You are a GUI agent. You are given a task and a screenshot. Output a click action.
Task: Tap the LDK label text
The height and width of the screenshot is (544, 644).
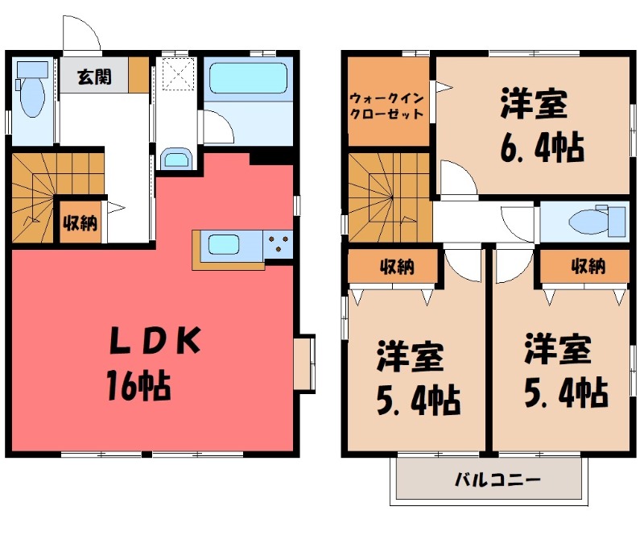coord(155,343)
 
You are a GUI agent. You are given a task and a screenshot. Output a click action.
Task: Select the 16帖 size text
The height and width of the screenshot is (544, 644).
coord(138,388)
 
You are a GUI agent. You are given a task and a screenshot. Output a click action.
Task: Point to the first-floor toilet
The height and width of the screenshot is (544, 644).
coord(31,92)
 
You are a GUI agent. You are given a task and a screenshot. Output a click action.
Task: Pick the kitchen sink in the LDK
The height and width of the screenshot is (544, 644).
coord(231,243)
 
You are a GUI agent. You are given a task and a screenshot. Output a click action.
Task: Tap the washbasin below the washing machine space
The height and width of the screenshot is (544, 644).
coord(176,158)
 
